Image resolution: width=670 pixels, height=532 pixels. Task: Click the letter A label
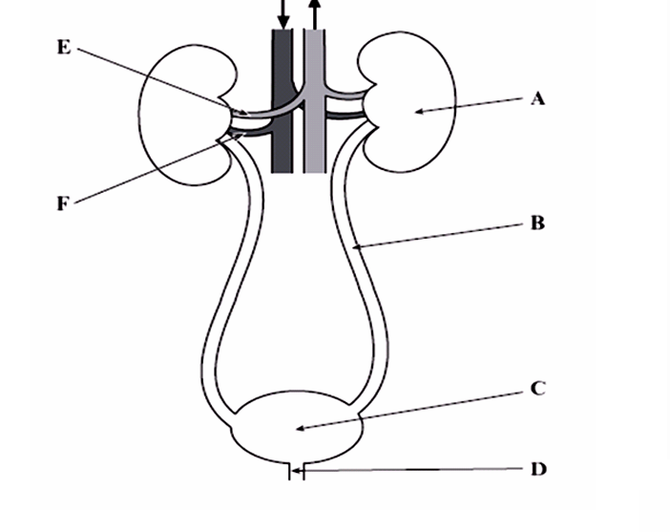537,97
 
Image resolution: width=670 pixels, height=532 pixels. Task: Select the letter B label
536,223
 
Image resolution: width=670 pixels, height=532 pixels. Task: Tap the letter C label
536,389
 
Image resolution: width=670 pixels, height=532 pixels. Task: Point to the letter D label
537,469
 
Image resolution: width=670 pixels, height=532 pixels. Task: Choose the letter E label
64,47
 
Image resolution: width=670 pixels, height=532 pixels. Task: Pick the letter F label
63,202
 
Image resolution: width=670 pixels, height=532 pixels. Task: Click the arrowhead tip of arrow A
414,113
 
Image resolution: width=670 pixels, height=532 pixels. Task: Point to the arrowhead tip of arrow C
297,429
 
